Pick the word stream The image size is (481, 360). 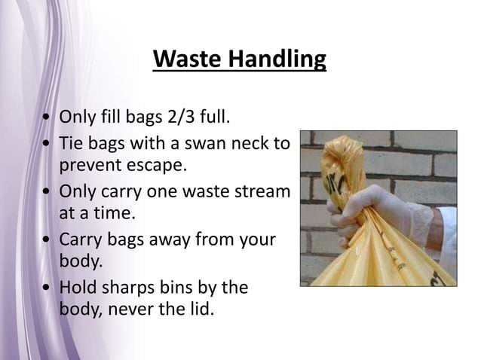click(x=261, y=191)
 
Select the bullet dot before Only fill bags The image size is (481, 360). click(x=47, y=118)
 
